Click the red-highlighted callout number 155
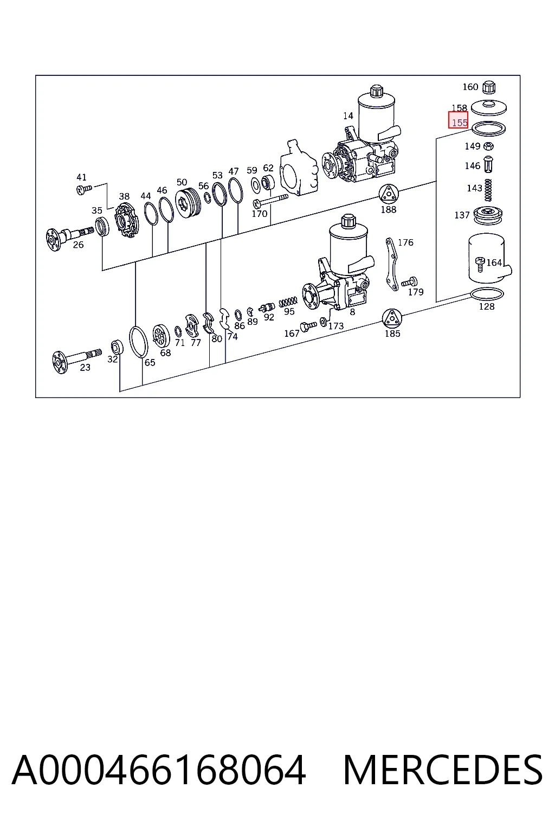(x=459, y=123)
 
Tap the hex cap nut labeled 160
(x=488, y=87)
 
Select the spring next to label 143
(x=488, y=190)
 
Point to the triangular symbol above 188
(x=389, y=194)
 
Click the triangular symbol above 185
(x=392, y=319)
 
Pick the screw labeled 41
(x=84, y=190)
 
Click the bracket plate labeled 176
(x=392, y=264)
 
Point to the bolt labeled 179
(x=409, y=282)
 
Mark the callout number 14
(x=348, y=116)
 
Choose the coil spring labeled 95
(x=288, y=301)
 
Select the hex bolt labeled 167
(x=308, y=326)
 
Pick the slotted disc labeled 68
(x=161, y=337)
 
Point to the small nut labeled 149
(x=489, y=146)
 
